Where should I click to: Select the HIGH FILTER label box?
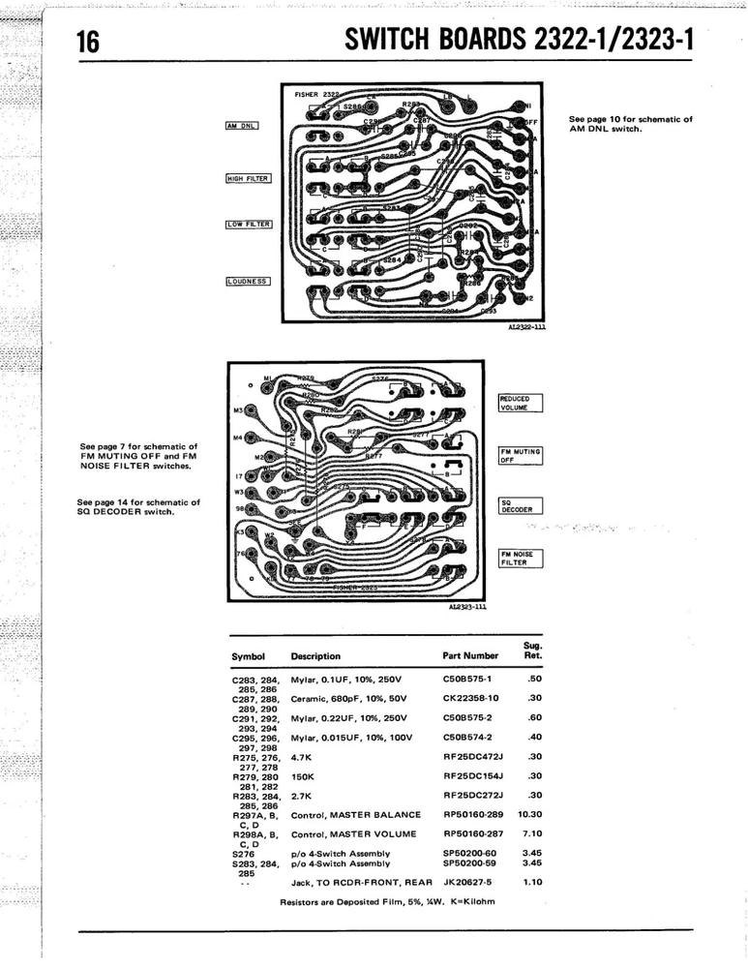[248, 178]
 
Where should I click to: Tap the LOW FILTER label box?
[249, 225]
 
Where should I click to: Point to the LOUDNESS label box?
[248, 282]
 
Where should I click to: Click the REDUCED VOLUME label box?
[521, 404]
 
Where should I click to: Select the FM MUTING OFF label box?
[521, 456]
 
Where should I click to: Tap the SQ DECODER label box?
[521, 506]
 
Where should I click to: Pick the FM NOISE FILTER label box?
[521, 559]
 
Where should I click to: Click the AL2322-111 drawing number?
[526, 327]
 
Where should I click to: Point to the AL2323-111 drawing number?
[466, 608]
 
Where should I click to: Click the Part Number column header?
[470, 656]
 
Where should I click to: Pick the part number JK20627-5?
[468, 883]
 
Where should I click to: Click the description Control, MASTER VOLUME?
[354, 834]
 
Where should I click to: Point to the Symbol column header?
[248, 656]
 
